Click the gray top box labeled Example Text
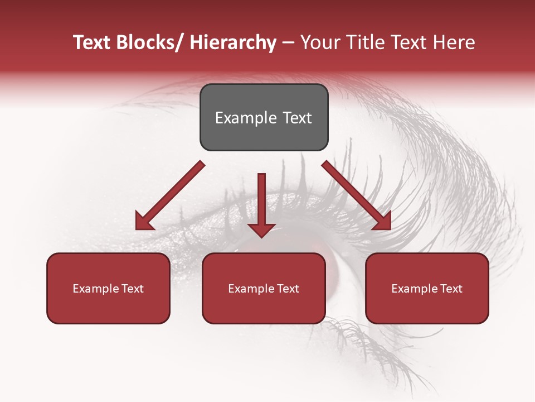264,117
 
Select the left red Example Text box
108,288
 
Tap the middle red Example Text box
264,288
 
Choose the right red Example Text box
427,288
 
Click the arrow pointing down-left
171,195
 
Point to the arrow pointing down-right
357,195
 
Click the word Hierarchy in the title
232,42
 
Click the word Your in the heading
319,42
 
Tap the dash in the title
288,42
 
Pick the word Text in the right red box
451,289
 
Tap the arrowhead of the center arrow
261,229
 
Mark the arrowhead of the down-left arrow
143,222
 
